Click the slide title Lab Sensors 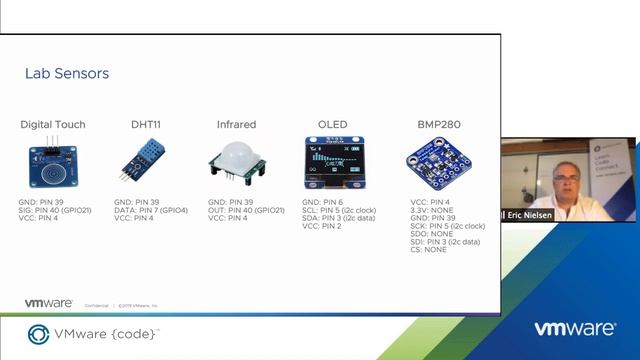(x=66, y=73)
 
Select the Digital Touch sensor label (x=53, y=125)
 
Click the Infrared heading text (x=236, y=125)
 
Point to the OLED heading (x=332, y=125)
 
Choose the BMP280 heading (x=438, y=125)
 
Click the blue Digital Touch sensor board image (x=53, y=161)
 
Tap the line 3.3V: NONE (x=431, y=209)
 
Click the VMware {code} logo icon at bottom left (x=39, y=334)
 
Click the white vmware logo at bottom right (x=574, y=329)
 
